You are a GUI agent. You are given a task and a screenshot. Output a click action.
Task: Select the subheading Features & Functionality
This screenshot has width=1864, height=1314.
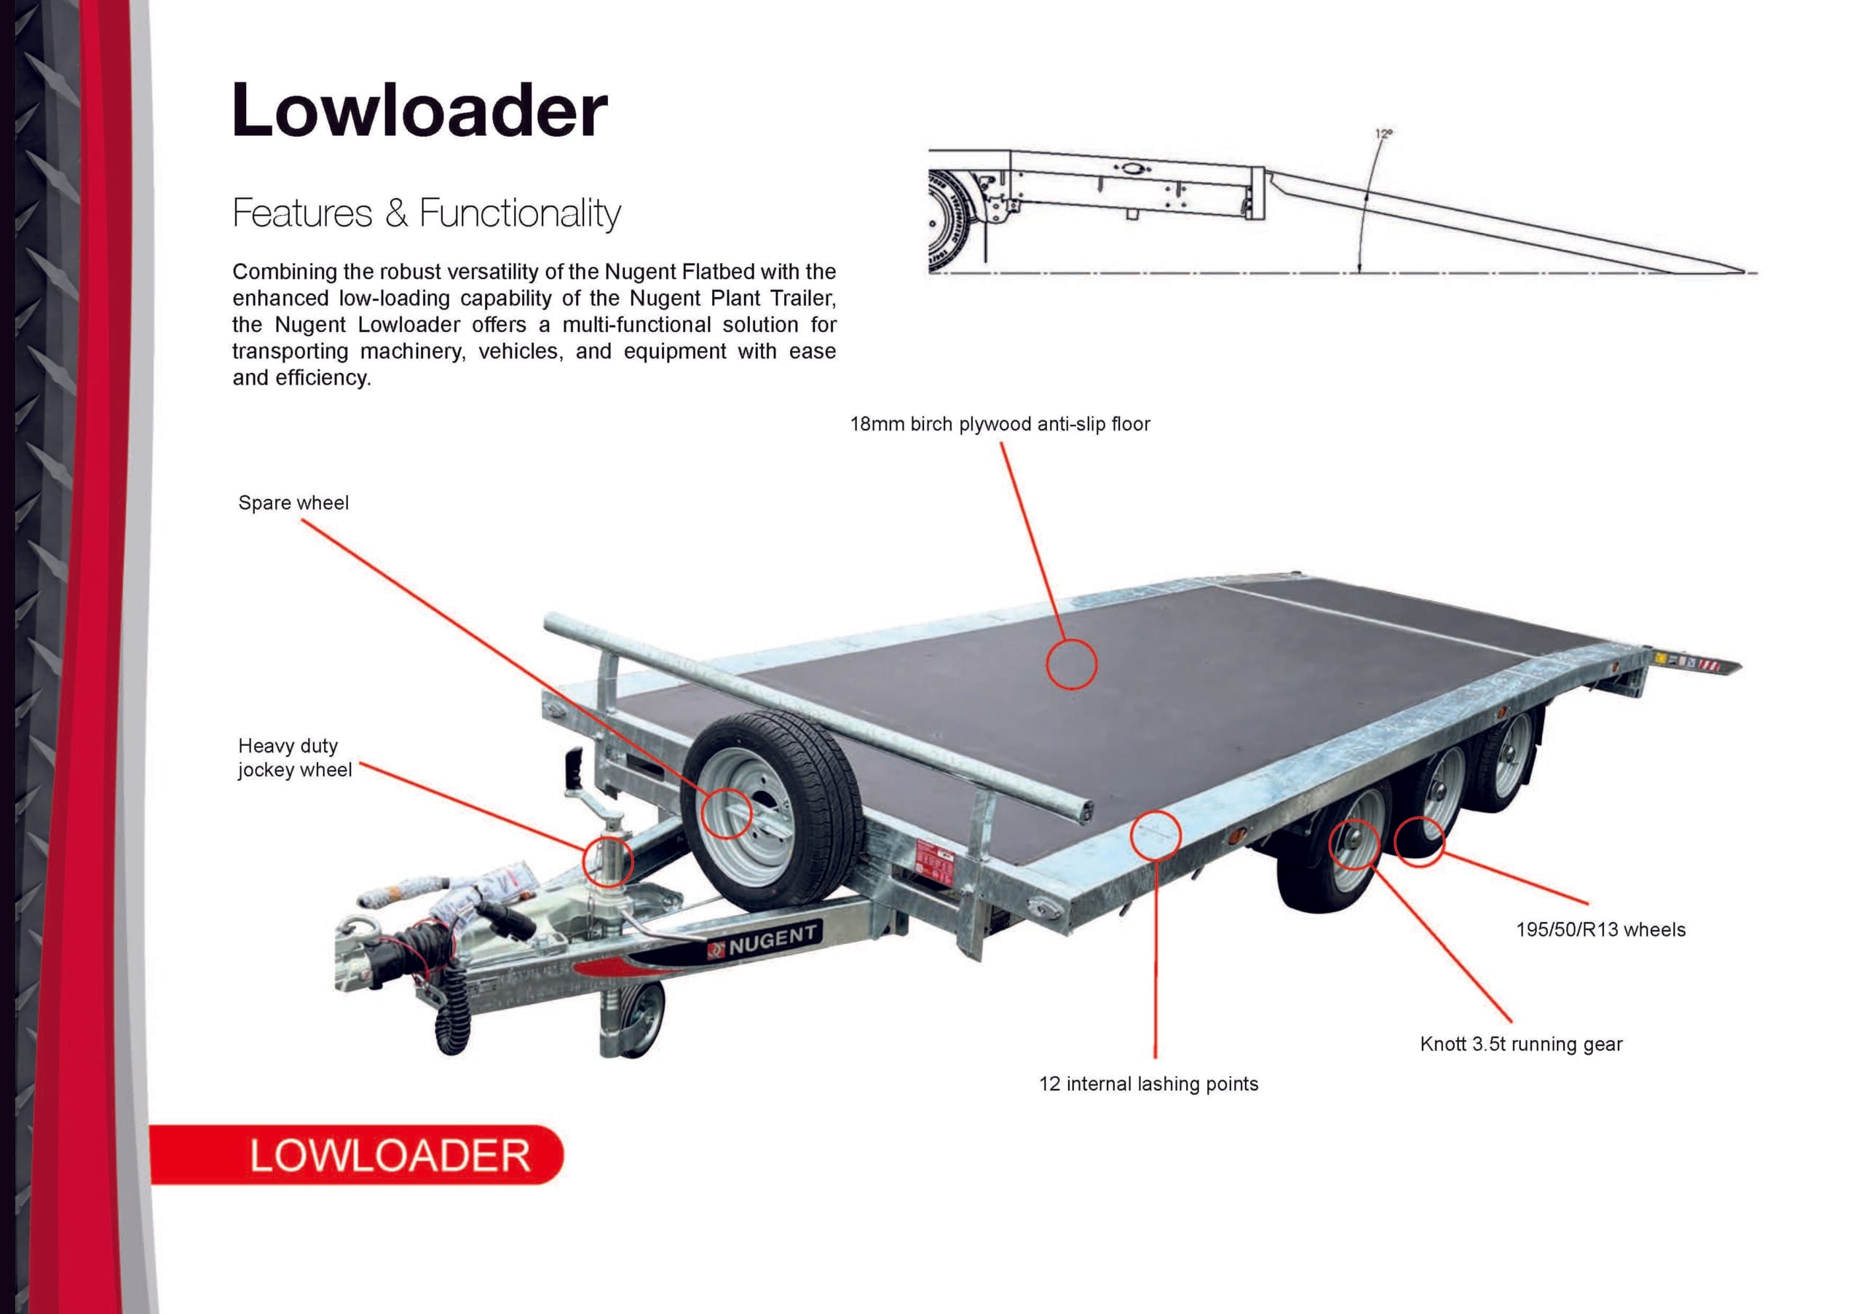pyautogui.click(x=426, y=213)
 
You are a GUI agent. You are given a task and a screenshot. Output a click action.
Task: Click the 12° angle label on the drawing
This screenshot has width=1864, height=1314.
pyautogui.click(x=1383, y=133)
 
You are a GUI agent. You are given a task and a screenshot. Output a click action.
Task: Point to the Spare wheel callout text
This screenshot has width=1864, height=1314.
pyautogui.click(x=293, y=503)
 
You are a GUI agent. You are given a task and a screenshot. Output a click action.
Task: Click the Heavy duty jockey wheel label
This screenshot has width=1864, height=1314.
pyautogui.click(x=294, y=758)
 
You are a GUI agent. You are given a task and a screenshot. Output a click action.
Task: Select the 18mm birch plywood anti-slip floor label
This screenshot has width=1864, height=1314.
pyautogui.click(x=1000, y=424)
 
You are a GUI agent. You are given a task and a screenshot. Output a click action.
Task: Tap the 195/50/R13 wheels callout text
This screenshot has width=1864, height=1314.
pyautogui.click(x=1600, y=930)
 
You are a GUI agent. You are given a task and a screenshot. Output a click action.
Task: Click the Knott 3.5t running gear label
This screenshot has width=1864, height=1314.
pyautogui.click(x=1520, y=1044)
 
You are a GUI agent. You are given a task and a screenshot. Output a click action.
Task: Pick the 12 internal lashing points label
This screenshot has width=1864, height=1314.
pyautogui.click(x=1148, y=1084)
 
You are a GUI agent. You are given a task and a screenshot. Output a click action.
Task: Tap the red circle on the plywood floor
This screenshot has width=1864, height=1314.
pyautogui.click(x=1071, y=664)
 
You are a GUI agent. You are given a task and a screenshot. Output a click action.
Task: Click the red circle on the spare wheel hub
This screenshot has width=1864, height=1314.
pyautogui.click(x=726, y=813)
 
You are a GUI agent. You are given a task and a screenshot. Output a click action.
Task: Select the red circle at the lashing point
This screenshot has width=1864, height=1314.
pyautogui.click(x=1155, y=835)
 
